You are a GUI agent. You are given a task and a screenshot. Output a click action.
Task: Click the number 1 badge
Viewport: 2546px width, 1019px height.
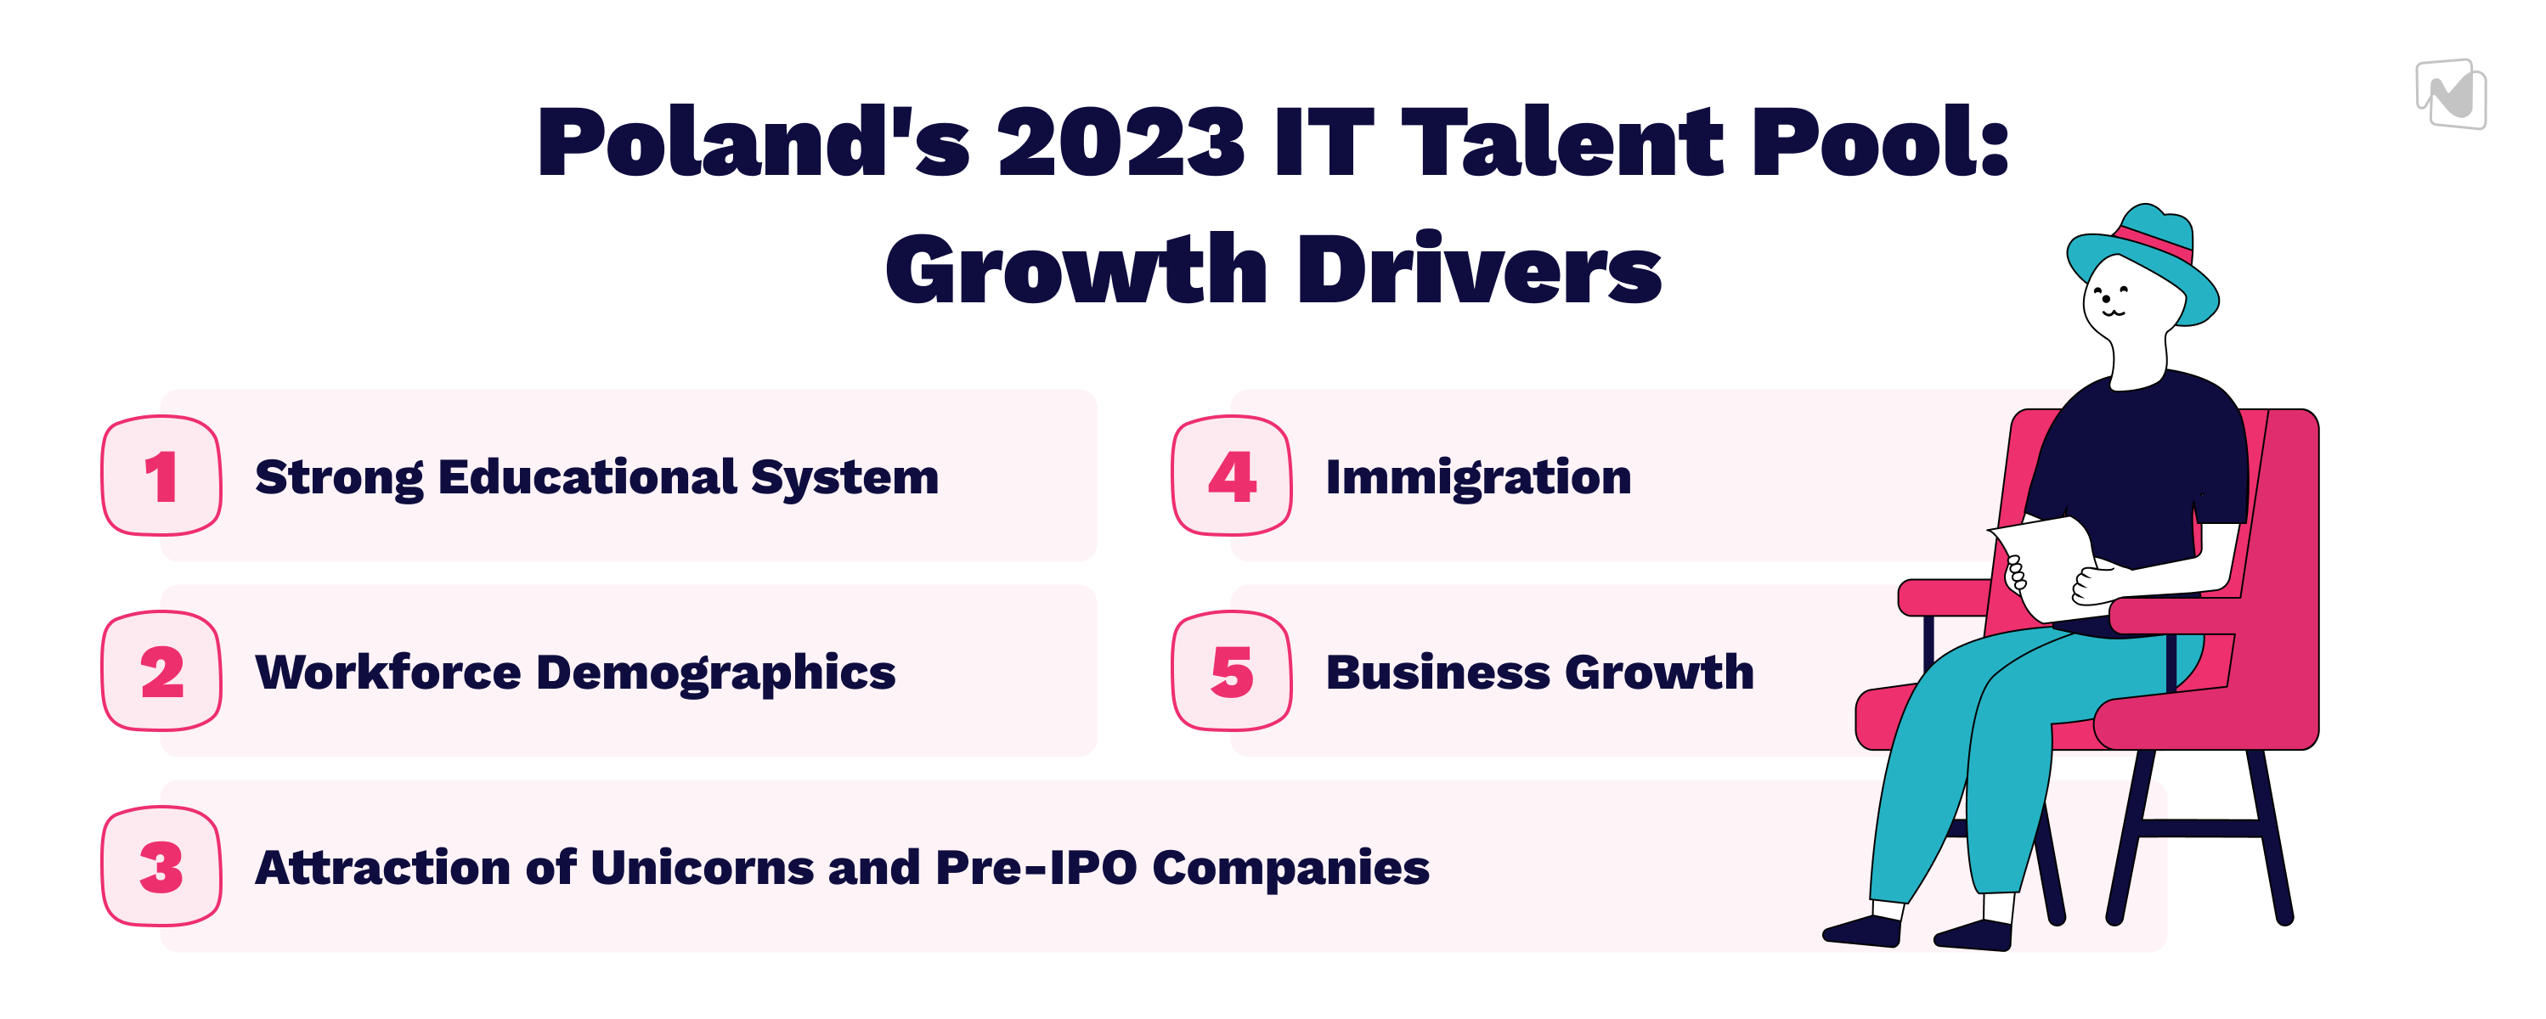click(x=161, y=476)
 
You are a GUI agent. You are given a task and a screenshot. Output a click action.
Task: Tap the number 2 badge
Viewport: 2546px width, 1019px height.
click(x=161, y=671)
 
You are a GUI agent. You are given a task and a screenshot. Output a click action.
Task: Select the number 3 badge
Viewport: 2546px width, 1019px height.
click(x=161, y=867)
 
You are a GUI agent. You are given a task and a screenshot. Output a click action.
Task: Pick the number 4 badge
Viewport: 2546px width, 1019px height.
click(x=1232, y=476)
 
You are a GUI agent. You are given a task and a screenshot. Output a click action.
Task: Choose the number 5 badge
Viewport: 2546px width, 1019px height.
click(x=1232, y=671)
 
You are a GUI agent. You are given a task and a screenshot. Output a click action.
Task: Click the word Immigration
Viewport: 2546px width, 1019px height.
click(x=1478, y=478)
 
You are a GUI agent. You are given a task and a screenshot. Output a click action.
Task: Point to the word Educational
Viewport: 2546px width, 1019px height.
click(x=587, y=476)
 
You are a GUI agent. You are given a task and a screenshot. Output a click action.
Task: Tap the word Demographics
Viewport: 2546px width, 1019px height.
click(x=715, y=674)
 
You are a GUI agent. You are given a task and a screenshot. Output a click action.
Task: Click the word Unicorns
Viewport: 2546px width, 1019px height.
click(x=702, y=868)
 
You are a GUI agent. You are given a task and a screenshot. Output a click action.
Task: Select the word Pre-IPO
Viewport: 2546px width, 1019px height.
click(x=1035, y=868)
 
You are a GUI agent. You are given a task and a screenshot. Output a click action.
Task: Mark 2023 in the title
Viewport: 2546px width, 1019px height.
click(x=1121, y=143)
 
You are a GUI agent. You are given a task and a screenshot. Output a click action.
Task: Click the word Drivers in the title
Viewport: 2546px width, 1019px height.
click(x=1480, y=269)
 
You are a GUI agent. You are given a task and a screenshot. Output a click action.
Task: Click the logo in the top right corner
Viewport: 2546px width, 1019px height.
click(x=2451, y=94)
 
